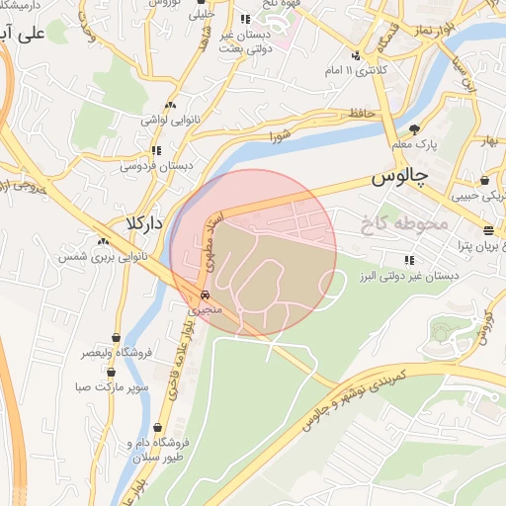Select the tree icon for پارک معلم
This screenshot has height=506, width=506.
click(414, 128)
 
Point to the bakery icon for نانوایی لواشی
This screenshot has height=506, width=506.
click(171, 105)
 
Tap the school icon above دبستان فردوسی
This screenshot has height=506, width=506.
click(156, 151)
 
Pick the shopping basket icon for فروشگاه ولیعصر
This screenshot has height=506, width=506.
click(117, 336)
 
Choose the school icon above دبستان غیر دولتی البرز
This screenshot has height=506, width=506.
click(408, 260)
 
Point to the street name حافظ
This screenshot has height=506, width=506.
click(361, 115)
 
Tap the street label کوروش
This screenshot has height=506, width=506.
click(485, 327)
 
